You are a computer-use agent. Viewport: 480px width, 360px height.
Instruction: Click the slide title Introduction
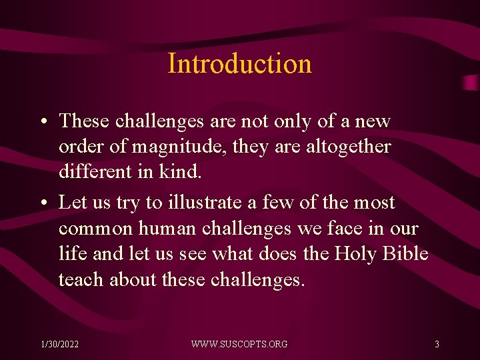[x=239, y=64]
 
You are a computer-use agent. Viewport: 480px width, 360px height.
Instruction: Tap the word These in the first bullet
[x=84, y=121]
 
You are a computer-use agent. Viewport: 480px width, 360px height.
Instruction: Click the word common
[x=95, y=229]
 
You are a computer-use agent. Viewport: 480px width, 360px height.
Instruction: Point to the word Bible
[x=407, y=254]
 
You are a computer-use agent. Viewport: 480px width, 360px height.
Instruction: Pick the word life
[x=70, y=254]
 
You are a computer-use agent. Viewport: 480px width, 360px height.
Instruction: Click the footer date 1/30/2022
[x=59, y=344]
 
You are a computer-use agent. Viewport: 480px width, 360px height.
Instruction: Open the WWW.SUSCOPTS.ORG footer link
[x=239, y=344]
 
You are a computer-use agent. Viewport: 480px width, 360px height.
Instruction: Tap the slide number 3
[x=437, y=344]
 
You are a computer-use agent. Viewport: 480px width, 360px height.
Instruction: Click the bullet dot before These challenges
[x=42, y=122]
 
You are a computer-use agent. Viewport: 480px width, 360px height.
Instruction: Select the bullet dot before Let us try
[x=42, y=203]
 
